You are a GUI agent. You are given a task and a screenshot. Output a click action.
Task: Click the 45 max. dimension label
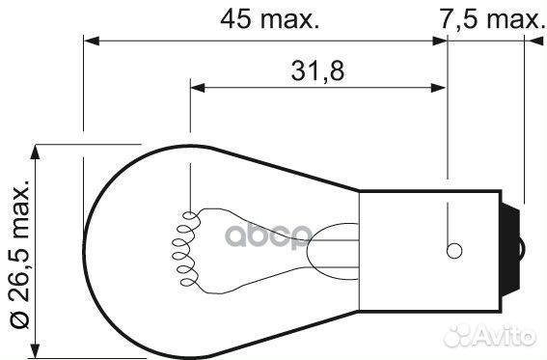point(270,19)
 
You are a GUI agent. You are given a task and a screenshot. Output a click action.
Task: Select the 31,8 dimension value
point(317,70)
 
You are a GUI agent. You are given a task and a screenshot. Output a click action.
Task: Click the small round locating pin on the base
point(454,251)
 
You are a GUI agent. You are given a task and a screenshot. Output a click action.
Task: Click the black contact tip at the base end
point(512,250)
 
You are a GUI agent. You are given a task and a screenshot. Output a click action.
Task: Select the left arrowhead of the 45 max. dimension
point(92,41)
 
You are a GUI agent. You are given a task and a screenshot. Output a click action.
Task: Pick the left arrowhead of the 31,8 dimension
point(198,88)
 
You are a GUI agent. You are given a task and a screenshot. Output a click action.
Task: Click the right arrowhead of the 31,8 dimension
point(439,88)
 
